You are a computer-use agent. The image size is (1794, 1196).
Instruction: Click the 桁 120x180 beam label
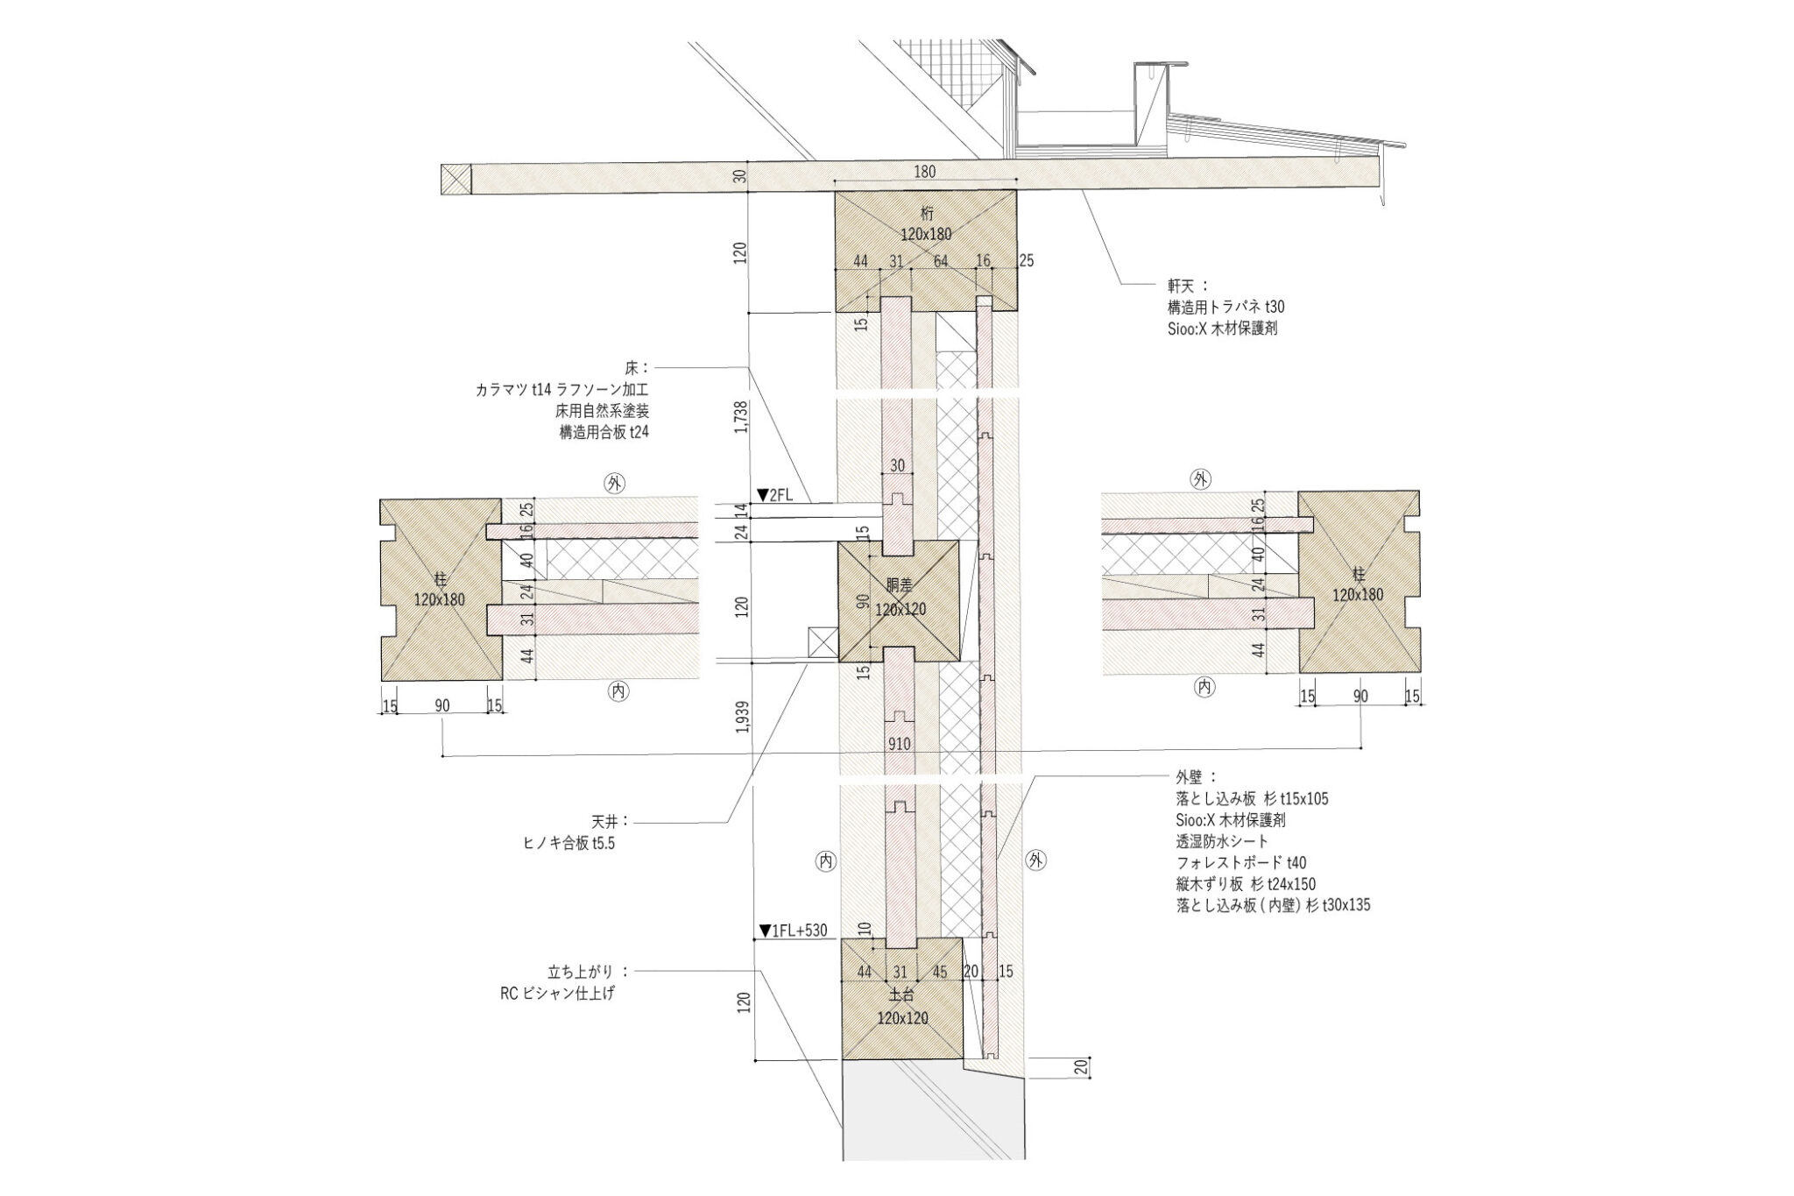click(925, 223)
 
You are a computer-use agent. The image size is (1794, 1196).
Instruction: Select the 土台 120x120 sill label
click(902, 1008)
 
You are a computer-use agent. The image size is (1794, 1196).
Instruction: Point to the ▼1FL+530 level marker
click(793, 931)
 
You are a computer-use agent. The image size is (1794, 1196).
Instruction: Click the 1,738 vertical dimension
click(742, 417)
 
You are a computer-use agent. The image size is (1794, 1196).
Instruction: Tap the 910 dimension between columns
click(899, 744)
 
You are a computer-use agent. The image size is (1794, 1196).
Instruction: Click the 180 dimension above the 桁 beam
click(924, 172)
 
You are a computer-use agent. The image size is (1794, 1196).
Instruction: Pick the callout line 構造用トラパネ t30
click(1225, 308)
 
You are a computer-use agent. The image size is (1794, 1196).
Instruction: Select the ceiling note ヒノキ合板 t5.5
click(569, 844)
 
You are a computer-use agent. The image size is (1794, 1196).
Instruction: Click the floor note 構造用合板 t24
click(604, 432)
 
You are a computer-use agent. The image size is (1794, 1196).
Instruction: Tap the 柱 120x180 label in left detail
click(439, 590)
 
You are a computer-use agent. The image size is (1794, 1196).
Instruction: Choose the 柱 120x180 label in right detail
click(1358, 584)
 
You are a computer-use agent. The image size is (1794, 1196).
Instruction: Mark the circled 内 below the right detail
click(1204, 687)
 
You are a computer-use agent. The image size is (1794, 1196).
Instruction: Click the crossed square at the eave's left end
click(456, 180)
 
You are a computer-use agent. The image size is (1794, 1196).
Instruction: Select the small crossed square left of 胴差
click(823, 642)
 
